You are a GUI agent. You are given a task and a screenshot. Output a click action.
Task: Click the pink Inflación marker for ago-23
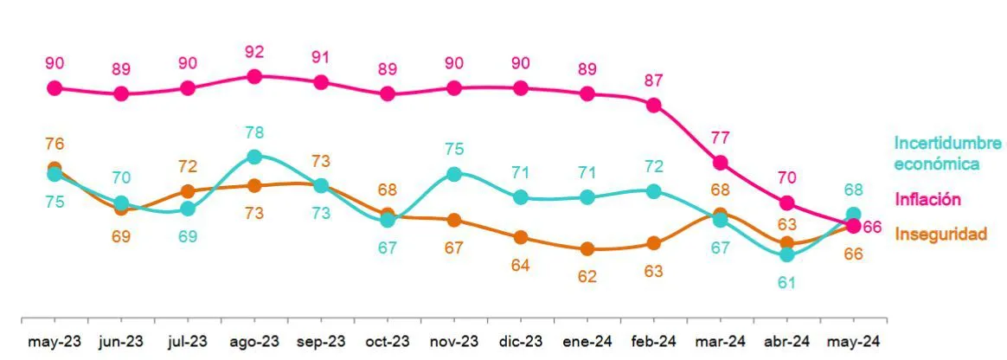point(254,76)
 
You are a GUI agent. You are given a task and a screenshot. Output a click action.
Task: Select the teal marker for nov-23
point(454,173)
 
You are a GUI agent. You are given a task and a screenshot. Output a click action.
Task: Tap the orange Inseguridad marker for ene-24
point(587,249)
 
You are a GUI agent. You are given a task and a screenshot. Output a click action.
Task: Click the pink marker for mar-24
point(720,163)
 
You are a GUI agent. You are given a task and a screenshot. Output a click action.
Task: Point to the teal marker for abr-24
point(786,254)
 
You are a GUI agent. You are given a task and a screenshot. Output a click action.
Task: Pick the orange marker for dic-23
point(521,237)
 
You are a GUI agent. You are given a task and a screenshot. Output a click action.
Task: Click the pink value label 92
point(254,52)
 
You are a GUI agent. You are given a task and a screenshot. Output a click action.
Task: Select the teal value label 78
point(254,132)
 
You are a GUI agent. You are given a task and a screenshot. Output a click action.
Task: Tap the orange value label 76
point(55,145)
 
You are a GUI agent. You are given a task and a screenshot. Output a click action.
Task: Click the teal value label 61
point(786,282)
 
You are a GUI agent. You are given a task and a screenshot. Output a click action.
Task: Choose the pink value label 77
point(720,137)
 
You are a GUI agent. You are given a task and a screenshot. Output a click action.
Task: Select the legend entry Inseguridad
point(940,234)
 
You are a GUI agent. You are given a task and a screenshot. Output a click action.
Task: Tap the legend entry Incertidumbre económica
point(946,153)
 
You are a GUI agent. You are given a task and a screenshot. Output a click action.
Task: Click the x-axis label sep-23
point(321,342)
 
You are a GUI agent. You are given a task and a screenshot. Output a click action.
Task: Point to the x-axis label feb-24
point(654,342)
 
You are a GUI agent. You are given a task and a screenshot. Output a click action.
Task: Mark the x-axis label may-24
point(853,342)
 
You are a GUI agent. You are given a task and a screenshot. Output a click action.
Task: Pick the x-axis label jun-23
point(121,342)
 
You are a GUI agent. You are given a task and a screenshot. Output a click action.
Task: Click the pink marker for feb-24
point(654,105)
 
